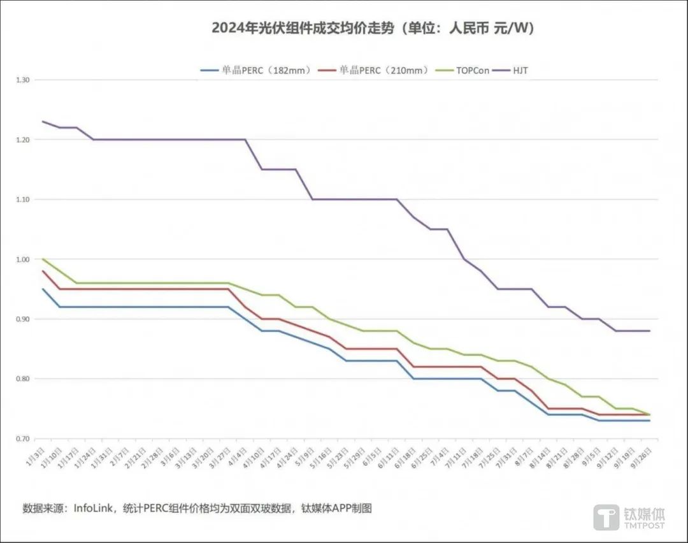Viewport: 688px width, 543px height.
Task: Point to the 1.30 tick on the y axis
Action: [x=23, y=80]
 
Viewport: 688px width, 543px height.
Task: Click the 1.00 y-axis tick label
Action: [x=23, y=259]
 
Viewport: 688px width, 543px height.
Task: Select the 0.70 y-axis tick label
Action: [x=23, y=439]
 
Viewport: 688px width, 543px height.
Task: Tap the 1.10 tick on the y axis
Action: [x=23, y=199]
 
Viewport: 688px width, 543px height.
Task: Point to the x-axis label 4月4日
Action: [x=239, y=458]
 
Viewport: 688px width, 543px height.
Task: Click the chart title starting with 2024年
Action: [x=373, y=29]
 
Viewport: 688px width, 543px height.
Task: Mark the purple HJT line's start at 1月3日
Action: [x=43, y=121]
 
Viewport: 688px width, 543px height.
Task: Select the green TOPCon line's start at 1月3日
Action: [x=43, y=259]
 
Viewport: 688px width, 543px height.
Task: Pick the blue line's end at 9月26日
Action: [x=649, y=421]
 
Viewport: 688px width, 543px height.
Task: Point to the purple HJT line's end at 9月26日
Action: [x=649, y=331]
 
